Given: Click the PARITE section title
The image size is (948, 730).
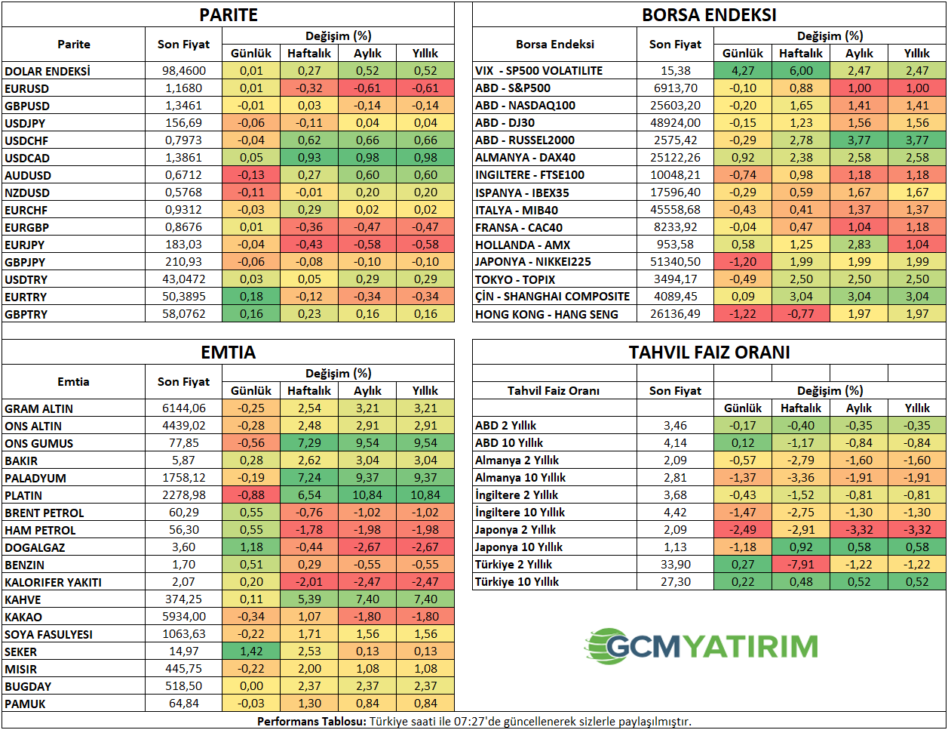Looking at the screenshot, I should tap(229, 15).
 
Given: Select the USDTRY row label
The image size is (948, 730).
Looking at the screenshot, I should tap(26, 280).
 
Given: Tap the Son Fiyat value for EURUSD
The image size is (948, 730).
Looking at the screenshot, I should tap(183, 88).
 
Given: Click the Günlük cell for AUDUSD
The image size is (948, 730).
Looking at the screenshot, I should tap(251, 175).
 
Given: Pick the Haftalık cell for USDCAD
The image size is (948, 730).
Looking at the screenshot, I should tap(309, 158).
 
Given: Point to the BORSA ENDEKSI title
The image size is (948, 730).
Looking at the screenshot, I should tap(709, 15).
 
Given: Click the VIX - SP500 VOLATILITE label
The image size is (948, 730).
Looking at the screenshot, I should tap(538, 71).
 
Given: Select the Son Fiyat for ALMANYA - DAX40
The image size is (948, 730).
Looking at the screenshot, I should tap(675, 158).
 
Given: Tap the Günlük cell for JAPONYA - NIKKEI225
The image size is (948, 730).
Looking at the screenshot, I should tap(743, 262).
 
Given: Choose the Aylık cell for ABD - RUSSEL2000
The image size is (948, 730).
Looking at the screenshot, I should tap(859, 140).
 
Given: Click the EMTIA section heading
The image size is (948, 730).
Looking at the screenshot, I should tap(229, 353).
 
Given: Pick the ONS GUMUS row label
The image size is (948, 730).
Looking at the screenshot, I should tap(39, 444).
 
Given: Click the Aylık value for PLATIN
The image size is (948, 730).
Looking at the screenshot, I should tap(367, 495).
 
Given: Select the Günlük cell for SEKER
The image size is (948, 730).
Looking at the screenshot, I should tap(251, 651).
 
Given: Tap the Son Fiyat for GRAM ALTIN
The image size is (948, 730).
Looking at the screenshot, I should tap(183, 408).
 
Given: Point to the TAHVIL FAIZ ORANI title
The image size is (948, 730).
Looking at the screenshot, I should tap(709, 353).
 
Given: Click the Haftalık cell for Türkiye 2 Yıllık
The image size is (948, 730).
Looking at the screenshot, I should tap(801, 565).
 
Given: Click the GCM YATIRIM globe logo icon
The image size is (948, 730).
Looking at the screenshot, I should tap(607, 646).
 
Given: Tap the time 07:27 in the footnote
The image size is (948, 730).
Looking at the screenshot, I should tap(468, 722).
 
